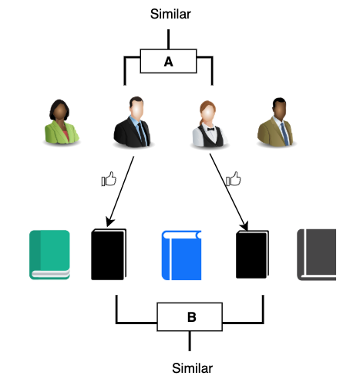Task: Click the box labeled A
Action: (169, 62)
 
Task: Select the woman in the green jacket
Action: (60, 123)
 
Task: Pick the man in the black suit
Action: (135, 123)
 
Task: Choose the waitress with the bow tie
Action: (210, 123)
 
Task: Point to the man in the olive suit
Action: (277, 123)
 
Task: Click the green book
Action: (49, 253)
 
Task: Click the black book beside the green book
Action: (108, 255)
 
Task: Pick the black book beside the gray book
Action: (251, 255)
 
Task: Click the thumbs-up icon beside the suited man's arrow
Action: (109, 181)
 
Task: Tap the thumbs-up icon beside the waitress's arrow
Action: (232, 181)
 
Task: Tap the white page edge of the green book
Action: (49, 273)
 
